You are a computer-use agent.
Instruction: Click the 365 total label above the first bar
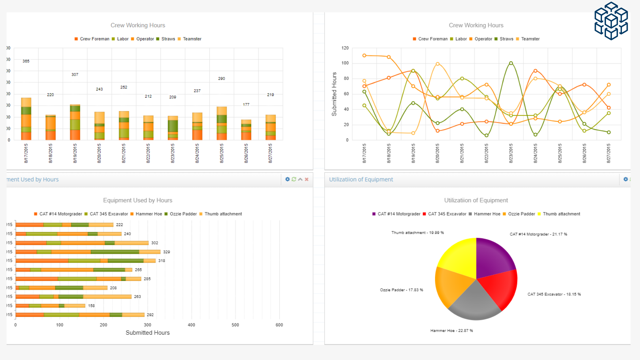tap(26, 61)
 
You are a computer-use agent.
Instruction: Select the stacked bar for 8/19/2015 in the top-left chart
tap(75, 122)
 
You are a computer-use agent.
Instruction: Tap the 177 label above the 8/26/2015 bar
tap(246, 105)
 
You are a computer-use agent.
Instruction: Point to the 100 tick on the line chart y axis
tap(345, 63)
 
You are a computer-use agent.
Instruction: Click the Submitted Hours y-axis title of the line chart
tap(334, 94)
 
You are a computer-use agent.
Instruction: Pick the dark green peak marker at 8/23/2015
tap(511, 63)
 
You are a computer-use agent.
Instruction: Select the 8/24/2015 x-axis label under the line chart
tap(535, 153)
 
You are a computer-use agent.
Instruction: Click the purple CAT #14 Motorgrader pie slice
tap(493, 257)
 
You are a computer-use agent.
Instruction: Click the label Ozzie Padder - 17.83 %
tap(401, 290)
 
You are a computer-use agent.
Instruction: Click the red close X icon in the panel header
tap(307, 179)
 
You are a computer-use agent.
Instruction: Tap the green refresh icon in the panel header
tap(294, 179)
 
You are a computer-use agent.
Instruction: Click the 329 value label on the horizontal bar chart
tap(167, 252)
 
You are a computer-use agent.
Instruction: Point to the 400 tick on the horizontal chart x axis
tap(191, 325)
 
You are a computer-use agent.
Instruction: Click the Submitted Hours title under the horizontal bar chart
tap(147, 333)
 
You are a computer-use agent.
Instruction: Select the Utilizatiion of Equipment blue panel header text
tap(361, 179)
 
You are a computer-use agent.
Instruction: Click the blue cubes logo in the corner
tap(611, 21)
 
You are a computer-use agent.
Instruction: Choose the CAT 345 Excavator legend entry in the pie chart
tap(444, 214)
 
